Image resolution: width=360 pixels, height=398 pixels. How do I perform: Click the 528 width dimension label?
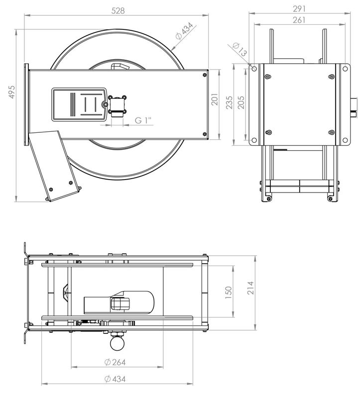click(118, 10)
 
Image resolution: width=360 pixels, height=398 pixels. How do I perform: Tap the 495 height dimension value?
click(11, 92)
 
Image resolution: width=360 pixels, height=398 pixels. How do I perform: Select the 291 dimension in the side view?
click(299, 9)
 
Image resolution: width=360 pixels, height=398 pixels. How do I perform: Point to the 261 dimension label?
click(299, 20)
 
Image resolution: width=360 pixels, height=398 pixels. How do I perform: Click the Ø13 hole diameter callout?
click(240, 49)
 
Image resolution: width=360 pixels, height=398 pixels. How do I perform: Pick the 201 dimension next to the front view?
click(215, 99)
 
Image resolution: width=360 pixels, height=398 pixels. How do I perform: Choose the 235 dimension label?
click(229, 102)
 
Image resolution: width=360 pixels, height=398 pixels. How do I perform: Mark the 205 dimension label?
click(241, 102)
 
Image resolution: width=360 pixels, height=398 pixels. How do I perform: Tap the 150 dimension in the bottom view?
click(229, 292)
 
